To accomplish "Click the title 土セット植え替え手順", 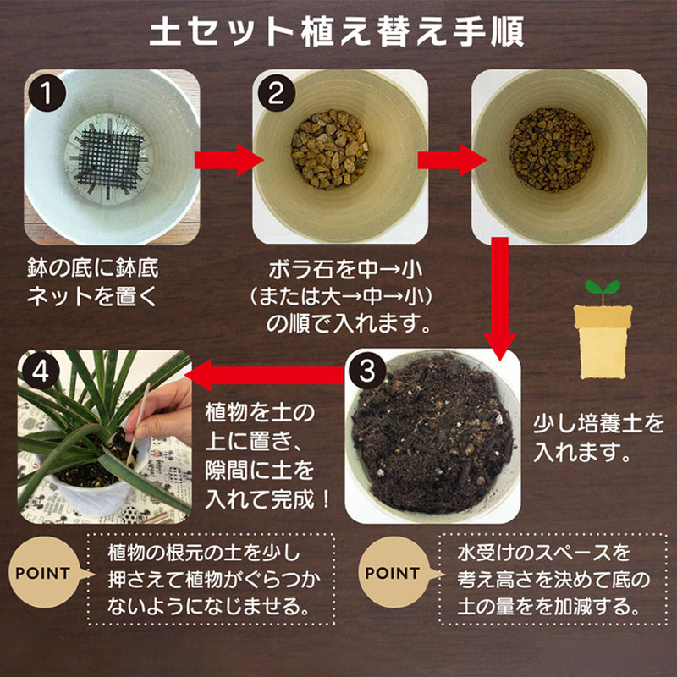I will [338, 31].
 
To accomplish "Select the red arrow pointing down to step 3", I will [500, 296].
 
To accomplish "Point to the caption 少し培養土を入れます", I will [599, 437].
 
